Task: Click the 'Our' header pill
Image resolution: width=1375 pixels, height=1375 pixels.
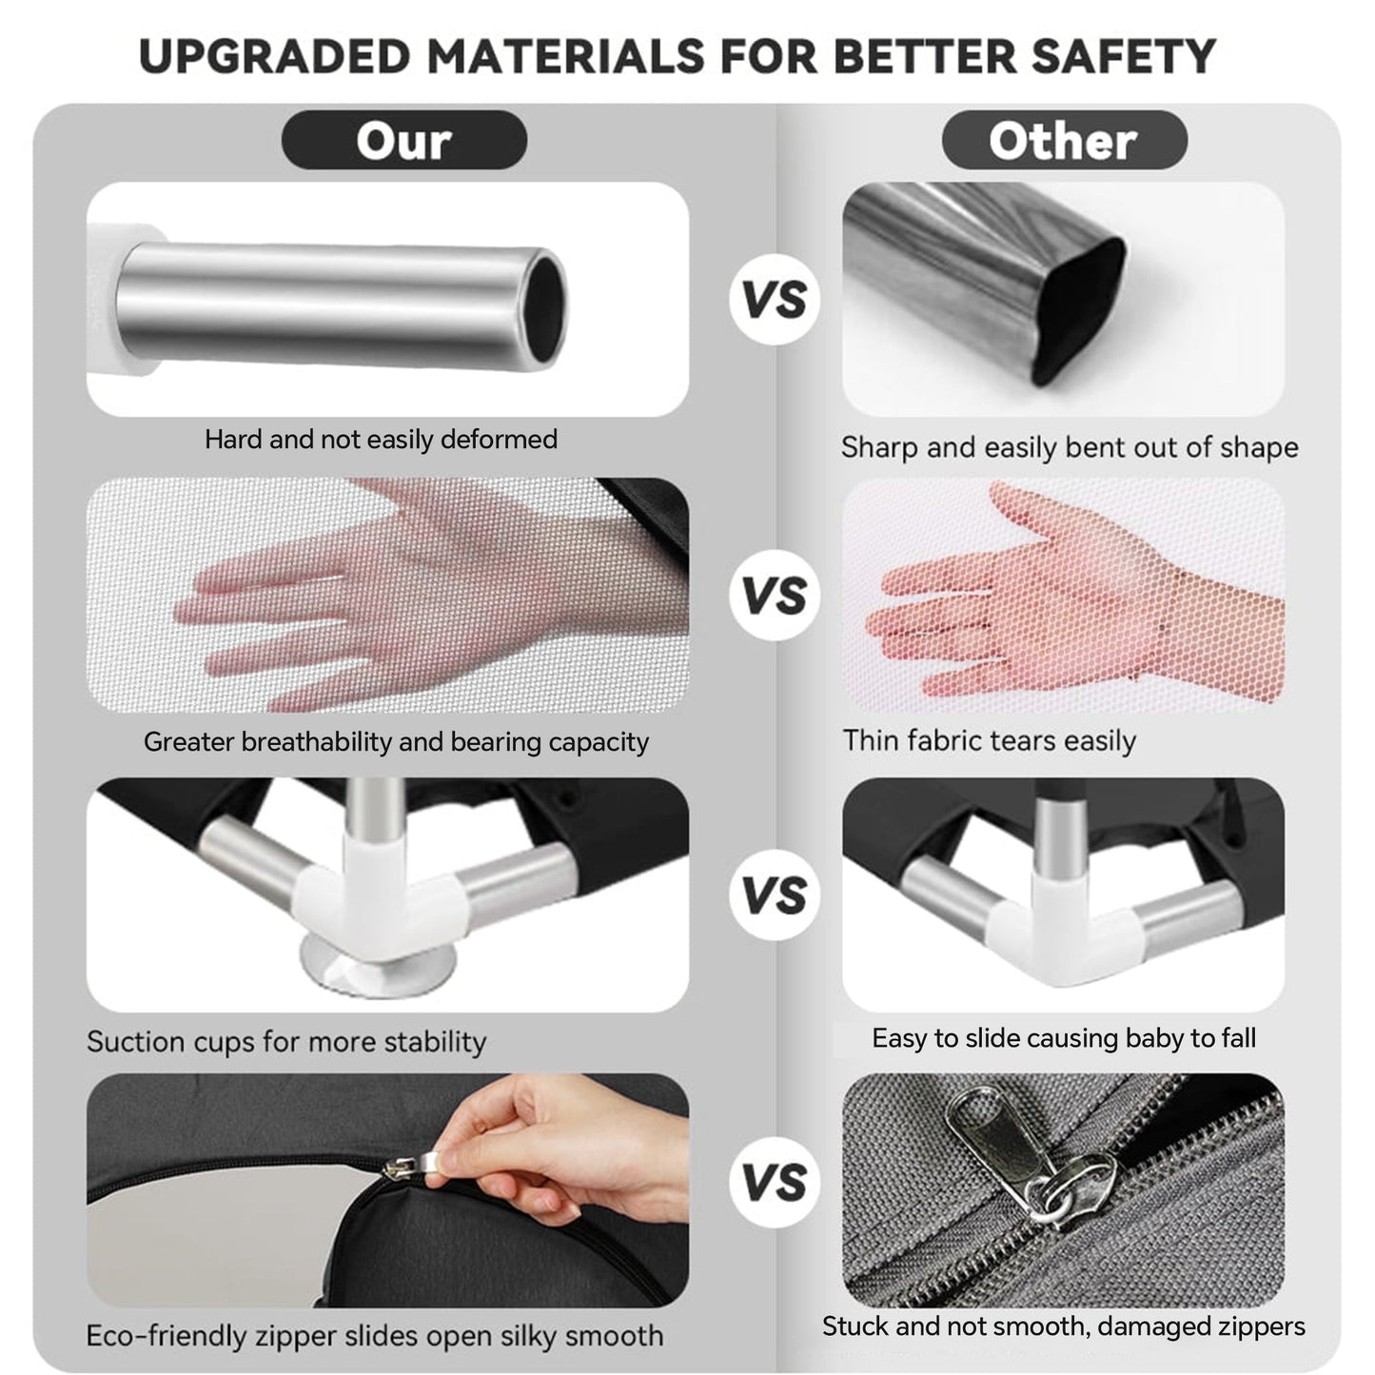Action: click(x=403, y=140)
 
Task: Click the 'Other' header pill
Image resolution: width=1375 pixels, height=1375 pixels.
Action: click(x=1064, y=140)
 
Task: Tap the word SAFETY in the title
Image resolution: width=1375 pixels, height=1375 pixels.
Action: click(x=1123, y=56)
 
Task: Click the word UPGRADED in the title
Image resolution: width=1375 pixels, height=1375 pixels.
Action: click(x=275, y=56)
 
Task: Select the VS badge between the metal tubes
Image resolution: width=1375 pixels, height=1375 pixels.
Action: click(x=775, y=299)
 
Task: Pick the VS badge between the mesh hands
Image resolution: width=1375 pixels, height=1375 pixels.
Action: click(x=775, y=595)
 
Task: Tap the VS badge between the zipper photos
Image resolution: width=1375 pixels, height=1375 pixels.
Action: click(x=775, y=1182)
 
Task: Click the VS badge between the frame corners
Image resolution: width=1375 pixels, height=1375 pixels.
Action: click(x=775, y=894)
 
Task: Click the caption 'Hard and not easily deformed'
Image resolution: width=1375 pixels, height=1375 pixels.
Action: click(x=381, y=440)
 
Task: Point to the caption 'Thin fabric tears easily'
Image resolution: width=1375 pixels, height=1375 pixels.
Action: click(x=989, y=740)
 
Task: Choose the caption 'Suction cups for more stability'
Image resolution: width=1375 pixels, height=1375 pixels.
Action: click(x=286, y=1042)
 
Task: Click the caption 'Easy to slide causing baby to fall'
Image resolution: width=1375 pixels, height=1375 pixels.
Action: click(x=1064, y=1038)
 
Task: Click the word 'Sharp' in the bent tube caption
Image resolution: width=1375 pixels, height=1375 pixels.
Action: click(x=877, y=448)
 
